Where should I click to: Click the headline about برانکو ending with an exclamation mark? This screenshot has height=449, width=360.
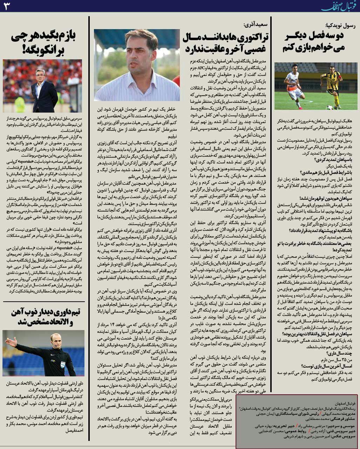point(43,43)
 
